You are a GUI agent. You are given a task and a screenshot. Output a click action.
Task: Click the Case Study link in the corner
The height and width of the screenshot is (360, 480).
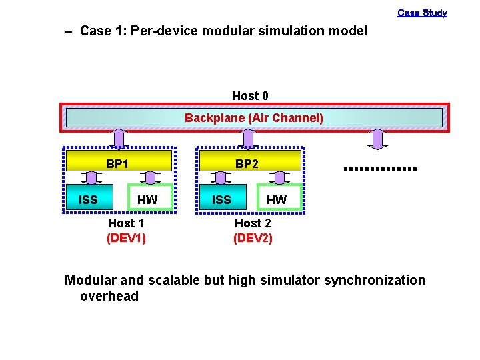[x=422, y=13]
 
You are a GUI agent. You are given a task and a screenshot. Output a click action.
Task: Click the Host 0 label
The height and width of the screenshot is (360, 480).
[x=250, y=96]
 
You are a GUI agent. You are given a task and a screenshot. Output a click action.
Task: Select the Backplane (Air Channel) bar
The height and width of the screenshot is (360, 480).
[x=253, y=118]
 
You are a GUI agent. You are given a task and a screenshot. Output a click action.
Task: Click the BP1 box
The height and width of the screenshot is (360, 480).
[x=118, y=162]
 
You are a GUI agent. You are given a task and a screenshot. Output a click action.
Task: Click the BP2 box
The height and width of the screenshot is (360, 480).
[x=247, y=162]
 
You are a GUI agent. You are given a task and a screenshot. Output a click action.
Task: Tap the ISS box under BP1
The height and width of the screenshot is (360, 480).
[x=88, y=199]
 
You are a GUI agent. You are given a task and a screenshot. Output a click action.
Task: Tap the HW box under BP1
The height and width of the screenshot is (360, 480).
[x=147, y=199]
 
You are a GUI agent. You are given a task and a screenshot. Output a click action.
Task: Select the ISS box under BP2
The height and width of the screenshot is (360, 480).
[x=221, y=199]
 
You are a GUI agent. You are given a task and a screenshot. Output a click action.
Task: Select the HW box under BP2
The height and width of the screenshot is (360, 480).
[x=277, y=199]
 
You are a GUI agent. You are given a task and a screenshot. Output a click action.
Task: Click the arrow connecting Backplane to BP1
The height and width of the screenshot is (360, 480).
[x=118, y=138]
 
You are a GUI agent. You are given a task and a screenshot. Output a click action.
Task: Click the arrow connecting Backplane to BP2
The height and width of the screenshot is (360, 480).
[x=247, y=138]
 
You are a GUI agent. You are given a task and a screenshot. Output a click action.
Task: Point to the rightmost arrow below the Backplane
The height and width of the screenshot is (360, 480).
[x=378, y=138]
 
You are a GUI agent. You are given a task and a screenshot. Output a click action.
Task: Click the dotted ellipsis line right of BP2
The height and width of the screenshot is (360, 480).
[x=379, y=169]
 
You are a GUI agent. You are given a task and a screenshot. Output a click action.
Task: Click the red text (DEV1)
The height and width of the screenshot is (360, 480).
[x=126, y=237]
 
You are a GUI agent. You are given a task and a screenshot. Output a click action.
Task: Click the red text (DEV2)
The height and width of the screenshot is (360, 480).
[x=253, y=237]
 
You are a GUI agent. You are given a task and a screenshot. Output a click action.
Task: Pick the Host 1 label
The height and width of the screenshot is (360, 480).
[x=126, y=223]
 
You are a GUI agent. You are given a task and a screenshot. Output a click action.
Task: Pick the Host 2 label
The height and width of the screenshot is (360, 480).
[x=253, y=223]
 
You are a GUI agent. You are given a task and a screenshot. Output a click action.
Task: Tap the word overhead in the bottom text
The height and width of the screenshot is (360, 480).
[x=109, y=296]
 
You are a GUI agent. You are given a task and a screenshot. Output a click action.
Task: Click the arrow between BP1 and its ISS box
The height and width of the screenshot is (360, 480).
[x=88, y=177]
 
